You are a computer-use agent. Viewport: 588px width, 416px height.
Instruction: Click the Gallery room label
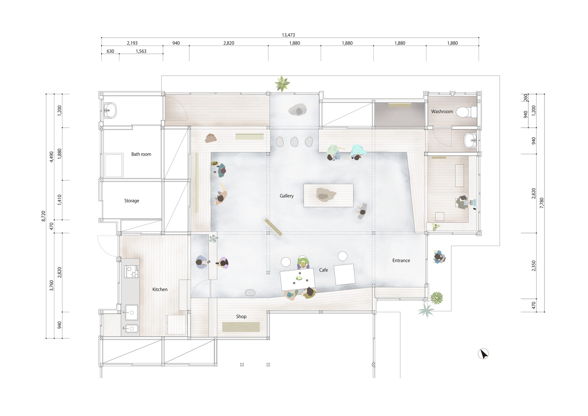tap(287, 196)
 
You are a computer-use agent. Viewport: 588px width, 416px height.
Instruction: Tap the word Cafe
tap(323, 270)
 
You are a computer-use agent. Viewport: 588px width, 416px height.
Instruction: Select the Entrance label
tap(401, 260)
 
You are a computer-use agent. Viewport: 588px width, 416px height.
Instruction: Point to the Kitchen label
tap(160, 289)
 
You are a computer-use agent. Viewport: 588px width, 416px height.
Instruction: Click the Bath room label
tap(141, 154)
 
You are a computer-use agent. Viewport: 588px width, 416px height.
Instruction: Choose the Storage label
tap(132, 201)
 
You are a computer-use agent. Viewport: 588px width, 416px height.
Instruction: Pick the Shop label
tap(241, 317)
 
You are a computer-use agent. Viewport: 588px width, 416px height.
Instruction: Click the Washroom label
tap(442, 112)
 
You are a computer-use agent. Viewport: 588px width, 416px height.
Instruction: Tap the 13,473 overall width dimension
tap(288, 35)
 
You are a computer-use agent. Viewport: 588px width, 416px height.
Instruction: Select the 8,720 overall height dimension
tap(44, 216)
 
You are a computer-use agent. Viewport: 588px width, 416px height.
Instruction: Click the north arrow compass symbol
tap(483, 354)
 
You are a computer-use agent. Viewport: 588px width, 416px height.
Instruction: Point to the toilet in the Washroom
tap(466, 112)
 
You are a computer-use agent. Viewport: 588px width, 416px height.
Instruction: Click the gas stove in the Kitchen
tap(131, 272)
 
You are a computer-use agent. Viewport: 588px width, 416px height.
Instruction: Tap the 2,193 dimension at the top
tap(132, 43)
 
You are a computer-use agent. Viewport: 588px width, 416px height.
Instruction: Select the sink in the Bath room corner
tap(110, 111)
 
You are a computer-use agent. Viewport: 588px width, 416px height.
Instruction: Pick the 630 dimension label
tap(110, 51)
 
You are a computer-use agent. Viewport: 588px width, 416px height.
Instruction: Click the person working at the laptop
tap(463, 202)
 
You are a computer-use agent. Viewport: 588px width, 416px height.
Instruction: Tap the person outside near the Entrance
tap(439, 257)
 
